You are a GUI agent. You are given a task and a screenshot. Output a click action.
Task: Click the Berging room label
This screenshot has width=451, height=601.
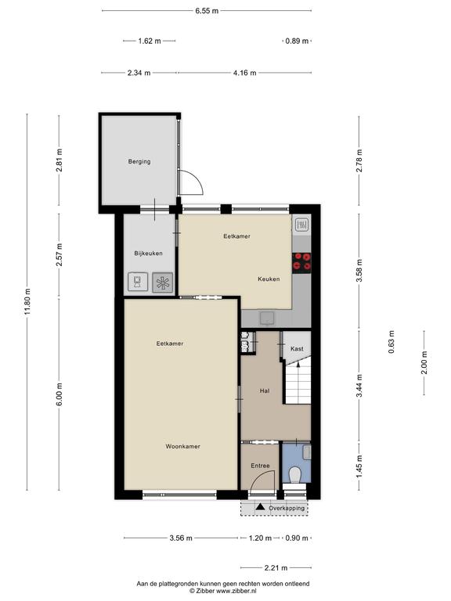click(x=139, y=162)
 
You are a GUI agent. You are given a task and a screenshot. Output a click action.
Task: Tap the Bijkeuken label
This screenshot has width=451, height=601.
click(x=149, y=254)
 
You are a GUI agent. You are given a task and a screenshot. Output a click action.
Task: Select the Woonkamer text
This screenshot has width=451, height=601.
click(x=183, y=446)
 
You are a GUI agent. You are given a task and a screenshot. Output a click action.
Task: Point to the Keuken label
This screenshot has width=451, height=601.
click(x=269, y=279)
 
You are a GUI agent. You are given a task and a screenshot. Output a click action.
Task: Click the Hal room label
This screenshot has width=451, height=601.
click(x=265, y=391)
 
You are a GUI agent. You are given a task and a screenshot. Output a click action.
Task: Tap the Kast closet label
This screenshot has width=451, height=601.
click(x=297, y=349)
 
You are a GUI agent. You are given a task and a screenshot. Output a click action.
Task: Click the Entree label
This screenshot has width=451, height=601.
click(x=260, y=466)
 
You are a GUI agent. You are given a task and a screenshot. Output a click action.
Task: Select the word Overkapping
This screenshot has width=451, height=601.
click(x=287, y=508)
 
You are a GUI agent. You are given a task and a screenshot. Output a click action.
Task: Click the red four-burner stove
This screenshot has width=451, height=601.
click(x=301, y=263)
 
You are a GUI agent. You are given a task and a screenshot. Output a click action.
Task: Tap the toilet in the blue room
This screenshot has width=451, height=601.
click(x=295, y=475)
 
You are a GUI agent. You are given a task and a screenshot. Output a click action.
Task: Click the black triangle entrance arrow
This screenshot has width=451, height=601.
click(x=261, y=507)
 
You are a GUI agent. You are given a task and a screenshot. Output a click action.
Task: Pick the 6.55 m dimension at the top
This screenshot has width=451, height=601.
click(x=207, y=11)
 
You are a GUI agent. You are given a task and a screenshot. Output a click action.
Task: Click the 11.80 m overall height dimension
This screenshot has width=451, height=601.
click(x=27, y=302)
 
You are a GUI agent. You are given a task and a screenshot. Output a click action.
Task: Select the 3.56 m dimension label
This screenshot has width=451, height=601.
click(x=181, y=538)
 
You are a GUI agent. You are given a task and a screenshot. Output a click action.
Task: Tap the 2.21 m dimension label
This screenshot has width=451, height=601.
click(x=276, y=568)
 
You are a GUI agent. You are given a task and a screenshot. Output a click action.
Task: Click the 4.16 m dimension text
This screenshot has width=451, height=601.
click(x=244, y=73)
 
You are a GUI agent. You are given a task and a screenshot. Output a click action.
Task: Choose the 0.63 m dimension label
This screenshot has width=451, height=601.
click(x=391, y=342)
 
